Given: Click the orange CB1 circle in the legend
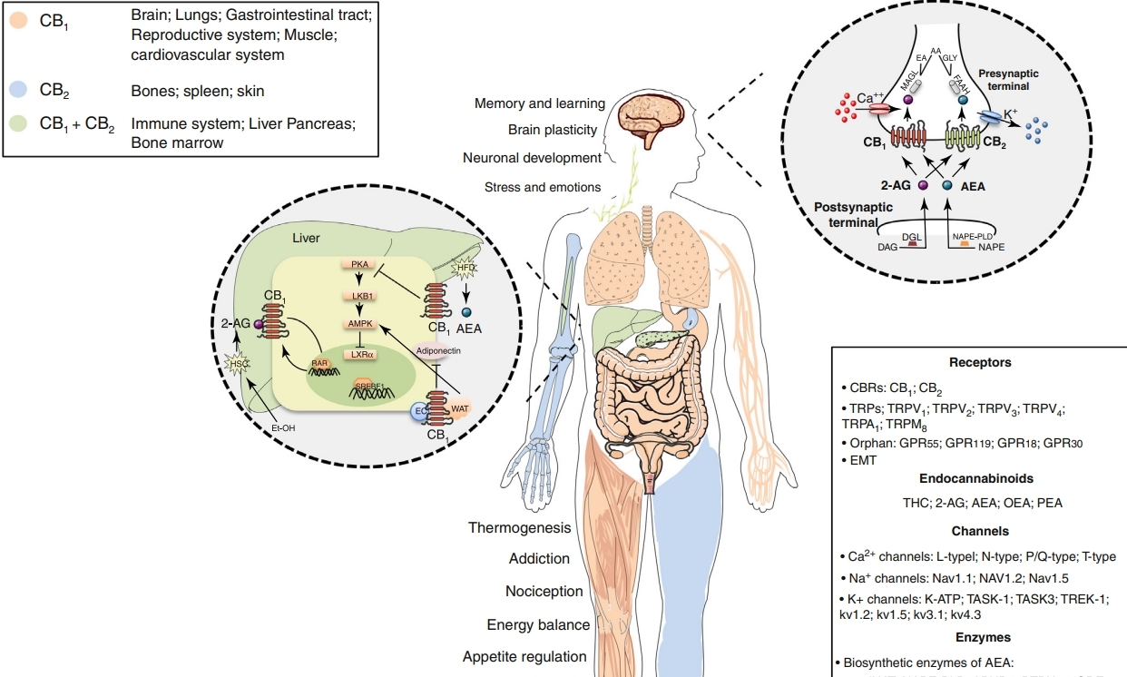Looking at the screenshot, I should [18, 19].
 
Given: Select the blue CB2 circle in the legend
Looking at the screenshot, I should [18, 90].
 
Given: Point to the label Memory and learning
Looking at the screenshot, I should [537, 103].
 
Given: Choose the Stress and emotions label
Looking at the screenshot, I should [543, 188].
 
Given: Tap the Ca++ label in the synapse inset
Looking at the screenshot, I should [871, 97].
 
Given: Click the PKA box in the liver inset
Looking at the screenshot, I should [357, 263].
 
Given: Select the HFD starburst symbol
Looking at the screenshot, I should [465, 266].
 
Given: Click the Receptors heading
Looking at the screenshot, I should [980, 362].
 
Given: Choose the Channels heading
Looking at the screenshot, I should [980, 531].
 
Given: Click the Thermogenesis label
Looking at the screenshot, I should [520, 528].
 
